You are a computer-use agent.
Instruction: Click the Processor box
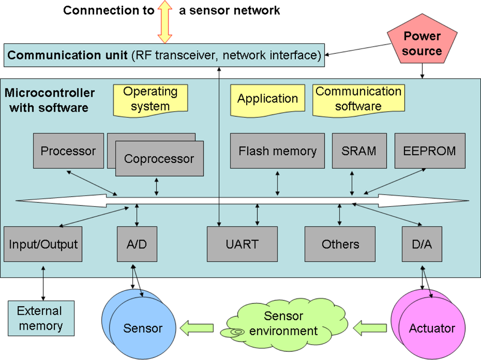[x=68, y=151]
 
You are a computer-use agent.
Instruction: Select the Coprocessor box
[x=159, y=159]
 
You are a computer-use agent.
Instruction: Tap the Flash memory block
[x=278, y=151]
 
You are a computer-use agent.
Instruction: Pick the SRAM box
[x=359, y=151]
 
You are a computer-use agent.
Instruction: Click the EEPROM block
[x=430, y=151]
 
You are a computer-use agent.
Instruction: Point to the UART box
[x=242, y=244]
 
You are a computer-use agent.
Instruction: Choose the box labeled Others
[x=341, y=244]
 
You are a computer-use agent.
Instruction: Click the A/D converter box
[x=137, y=244]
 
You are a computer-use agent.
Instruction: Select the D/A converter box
[x=422, y=244]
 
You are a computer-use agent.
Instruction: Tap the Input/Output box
[x=43, y=244]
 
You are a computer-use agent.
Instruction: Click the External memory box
[x=41, y=318]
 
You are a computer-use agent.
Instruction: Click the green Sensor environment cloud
[x=284, y=323]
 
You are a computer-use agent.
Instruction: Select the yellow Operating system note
[x=151, y=99]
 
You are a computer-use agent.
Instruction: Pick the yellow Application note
[x=267, y=99]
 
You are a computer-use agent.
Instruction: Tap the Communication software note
[x=358, y=99]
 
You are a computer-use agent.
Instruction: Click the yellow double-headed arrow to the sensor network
[x=165, y=22]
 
